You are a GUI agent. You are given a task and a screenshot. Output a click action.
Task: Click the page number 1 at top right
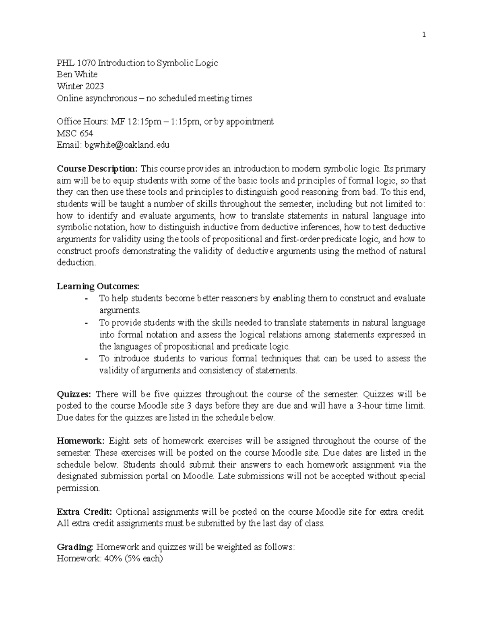(x=423, y=35)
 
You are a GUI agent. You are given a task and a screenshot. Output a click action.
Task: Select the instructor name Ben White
(x=77, y=75)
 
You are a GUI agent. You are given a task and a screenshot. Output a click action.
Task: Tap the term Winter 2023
(x=80, y=87)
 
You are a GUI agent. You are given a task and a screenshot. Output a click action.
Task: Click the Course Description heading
(x=97, y=169)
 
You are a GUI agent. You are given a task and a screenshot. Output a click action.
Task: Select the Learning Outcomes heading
(x=98, y=287)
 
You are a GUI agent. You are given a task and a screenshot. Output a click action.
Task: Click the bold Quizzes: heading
(x=74, y=394)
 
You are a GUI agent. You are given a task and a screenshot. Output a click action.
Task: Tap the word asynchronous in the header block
(x=108, y=98)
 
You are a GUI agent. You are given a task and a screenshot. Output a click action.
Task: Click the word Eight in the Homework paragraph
(x=119, y=441)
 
